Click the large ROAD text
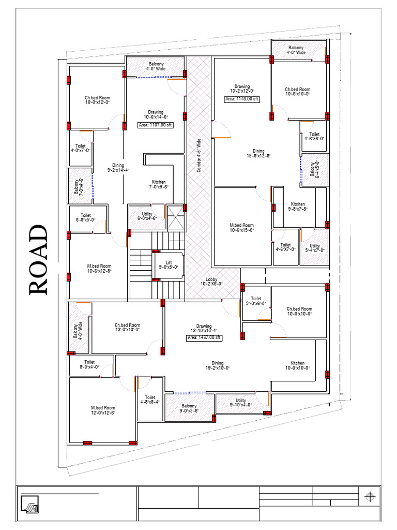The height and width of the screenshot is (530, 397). point(39,260)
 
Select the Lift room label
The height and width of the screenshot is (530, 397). point(168,264)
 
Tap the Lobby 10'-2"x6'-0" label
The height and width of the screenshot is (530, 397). point(211,281)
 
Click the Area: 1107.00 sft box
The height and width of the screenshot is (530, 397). point(156,125)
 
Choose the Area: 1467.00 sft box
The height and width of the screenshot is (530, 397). point(204,338)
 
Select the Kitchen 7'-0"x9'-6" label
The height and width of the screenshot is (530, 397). point(159,184)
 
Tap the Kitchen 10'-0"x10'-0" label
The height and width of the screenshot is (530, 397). point(297,365)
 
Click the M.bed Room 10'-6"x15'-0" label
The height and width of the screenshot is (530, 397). point(242,228)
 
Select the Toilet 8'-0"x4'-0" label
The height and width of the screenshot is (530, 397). point(89,365)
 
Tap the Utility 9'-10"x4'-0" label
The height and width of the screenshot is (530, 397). point(240,403)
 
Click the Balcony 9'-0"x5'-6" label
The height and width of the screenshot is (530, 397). point(189,408)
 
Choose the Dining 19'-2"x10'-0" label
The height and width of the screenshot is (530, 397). point(217,365)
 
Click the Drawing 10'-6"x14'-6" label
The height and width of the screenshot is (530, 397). point(156,114)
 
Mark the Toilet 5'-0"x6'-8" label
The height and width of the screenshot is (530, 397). point(256,301)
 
